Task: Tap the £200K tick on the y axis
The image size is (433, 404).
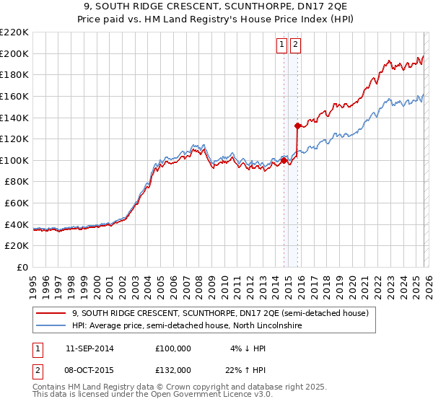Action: click(14, 53)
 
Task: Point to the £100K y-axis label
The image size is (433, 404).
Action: click(14, 160)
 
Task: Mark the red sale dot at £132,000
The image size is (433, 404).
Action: click(297, 126)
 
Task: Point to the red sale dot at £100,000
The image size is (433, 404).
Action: click(284, 160)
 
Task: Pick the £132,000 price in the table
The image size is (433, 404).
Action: click(173, 369)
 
